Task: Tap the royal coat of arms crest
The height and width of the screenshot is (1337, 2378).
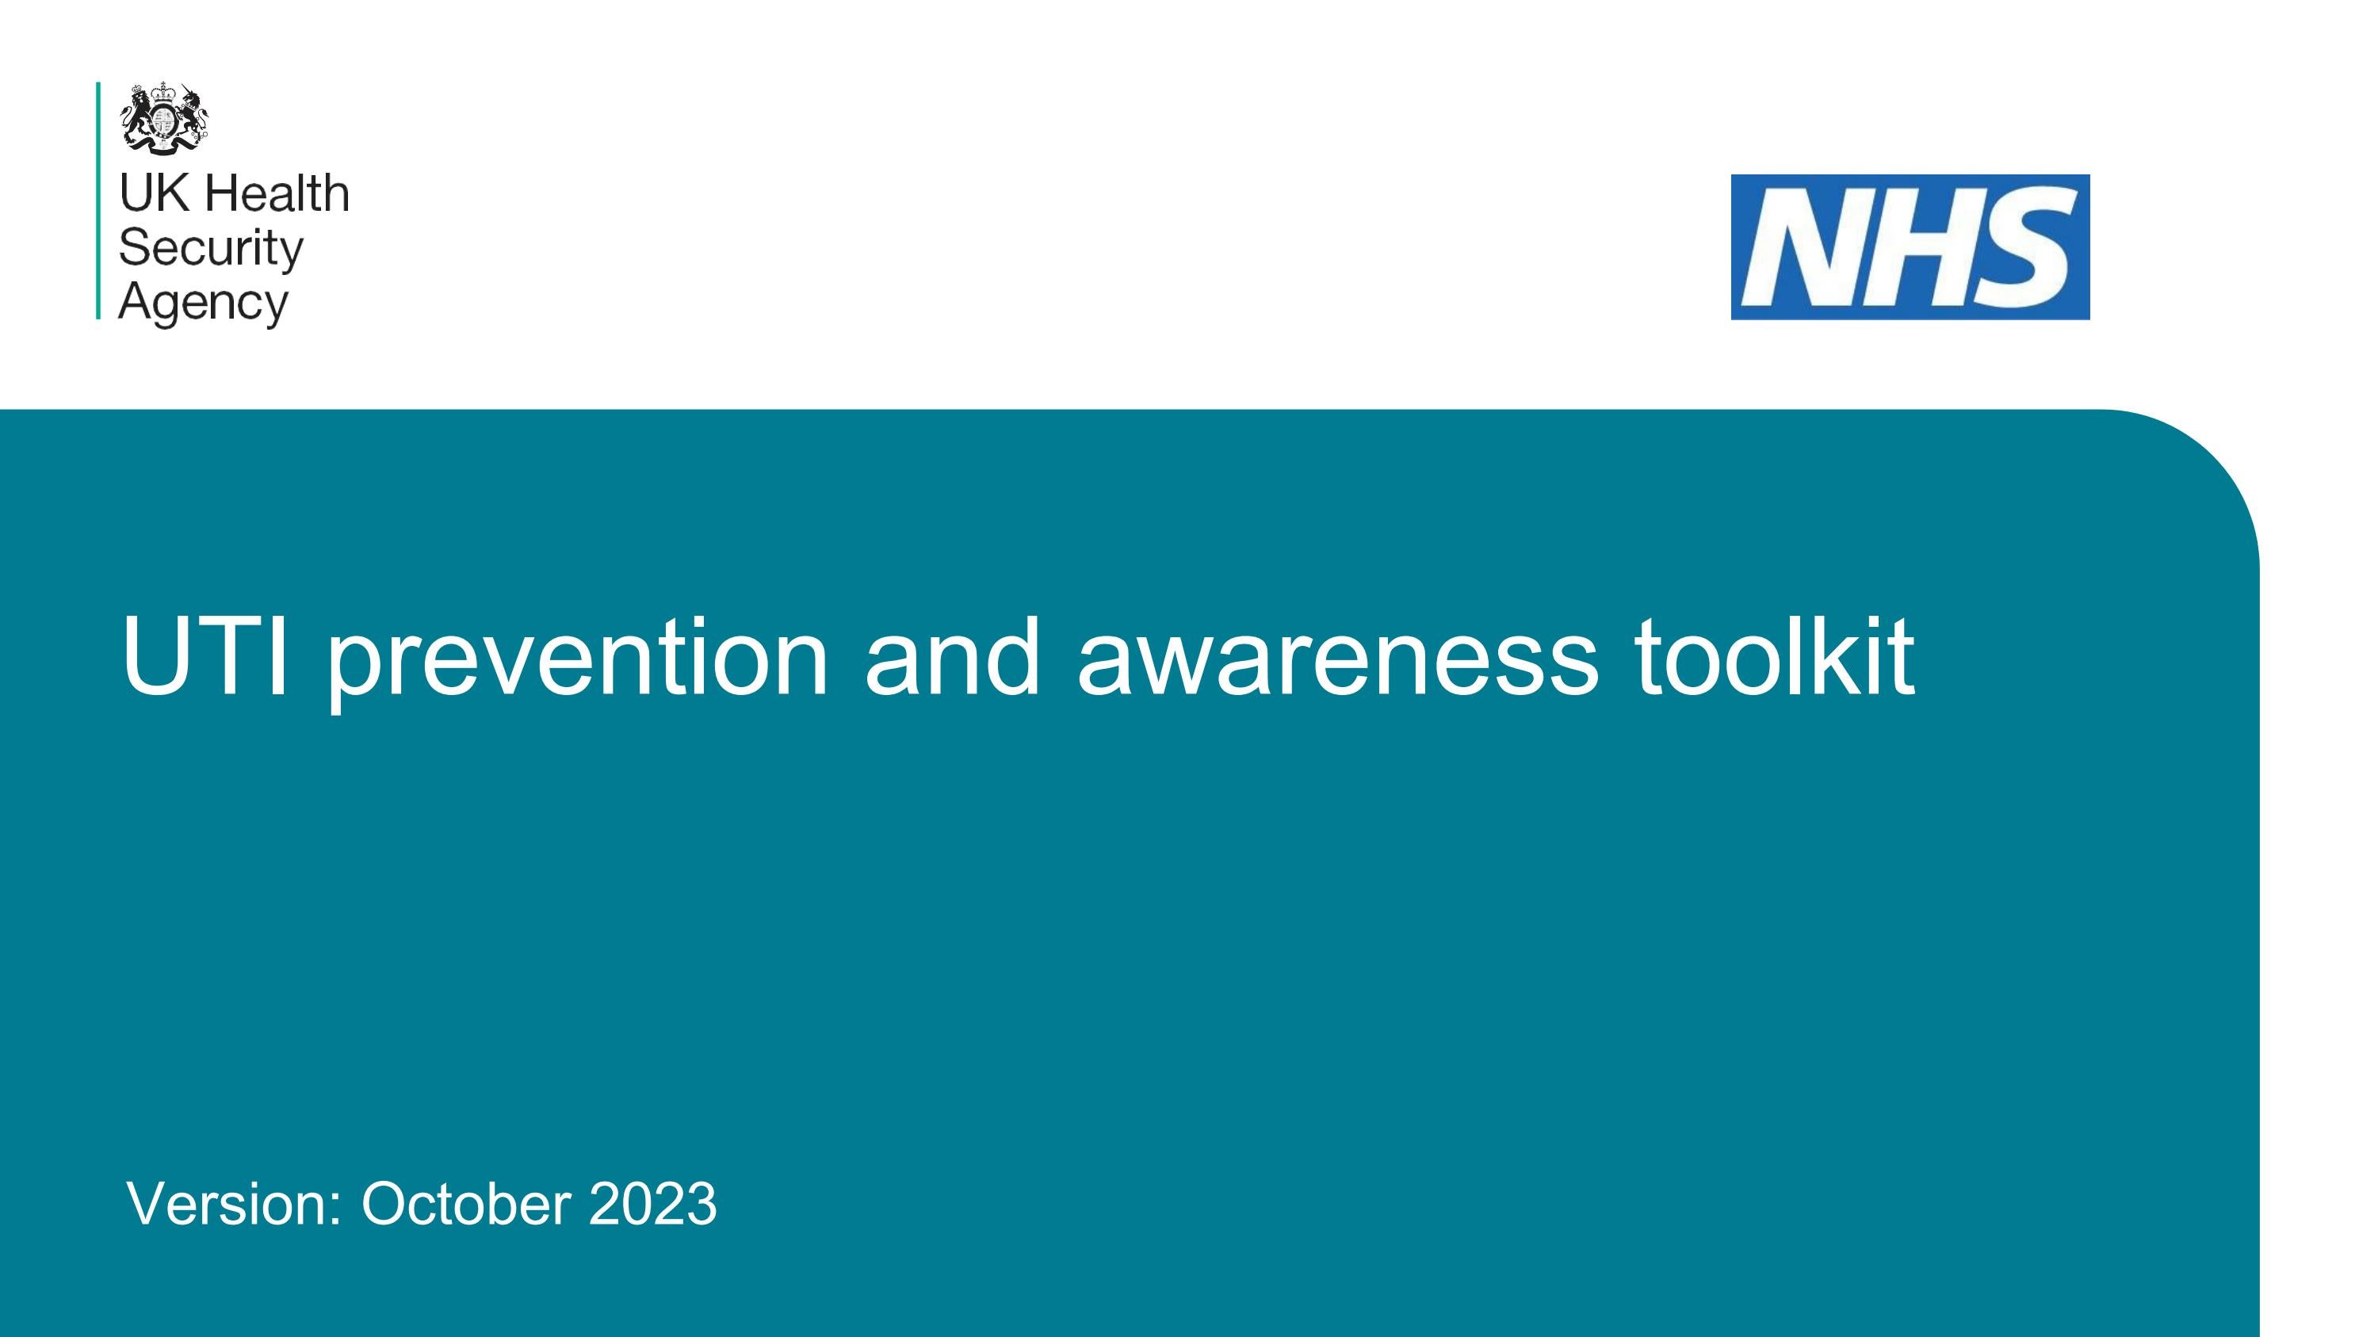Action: pos(163,117)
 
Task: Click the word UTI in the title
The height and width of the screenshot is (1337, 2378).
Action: pos(205,657)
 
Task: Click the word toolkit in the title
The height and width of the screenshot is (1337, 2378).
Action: pos(1773,657)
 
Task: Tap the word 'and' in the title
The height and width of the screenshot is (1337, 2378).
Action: pos(952,657)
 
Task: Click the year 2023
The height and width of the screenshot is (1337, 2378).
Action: pos(652,1203)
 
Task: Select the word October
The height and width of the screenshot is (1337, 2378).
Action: pos(465,1203)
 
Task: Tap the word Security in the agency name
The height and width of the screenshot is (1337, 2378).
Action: pos(211,248)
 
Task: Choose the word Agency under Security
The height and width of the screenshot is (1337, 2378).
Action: pos(203,303)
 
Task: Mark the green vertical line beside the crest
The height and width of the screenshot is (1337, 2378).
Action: pos(97,201)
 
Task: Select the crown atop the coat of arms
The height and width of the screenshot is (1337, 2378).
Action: pos(164,91)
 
